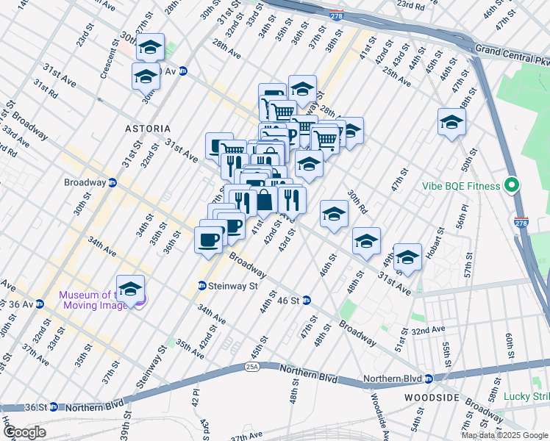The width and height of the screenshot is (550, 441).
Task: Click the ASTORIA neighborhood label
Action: point(148,128)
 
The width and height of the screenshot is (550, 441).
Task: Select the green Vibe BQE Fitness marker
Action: point(514,186)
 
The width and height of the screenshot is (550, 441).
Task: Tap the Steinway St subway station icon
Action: point(202,286)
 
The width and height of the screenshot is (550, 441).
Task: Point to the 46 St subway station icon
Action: point(307,300)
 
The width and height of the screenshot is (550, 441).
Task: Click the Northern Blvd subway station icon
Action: point(428,379)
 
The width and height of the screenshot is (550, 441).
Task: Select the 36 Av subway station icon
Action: point(53,304)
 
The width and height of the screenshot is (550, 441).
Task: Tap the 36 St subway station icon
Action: point(54,407)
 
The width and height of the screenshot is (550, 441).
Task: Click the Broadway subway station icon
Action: point(113,182)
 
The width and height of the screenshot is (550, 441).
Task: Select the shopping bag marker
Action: point(263,199)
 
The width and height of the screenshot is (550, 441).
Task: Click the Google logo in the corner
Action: point(24,432)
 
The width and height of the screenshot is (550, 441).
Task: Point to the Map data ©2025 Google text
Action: point(504,435)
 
